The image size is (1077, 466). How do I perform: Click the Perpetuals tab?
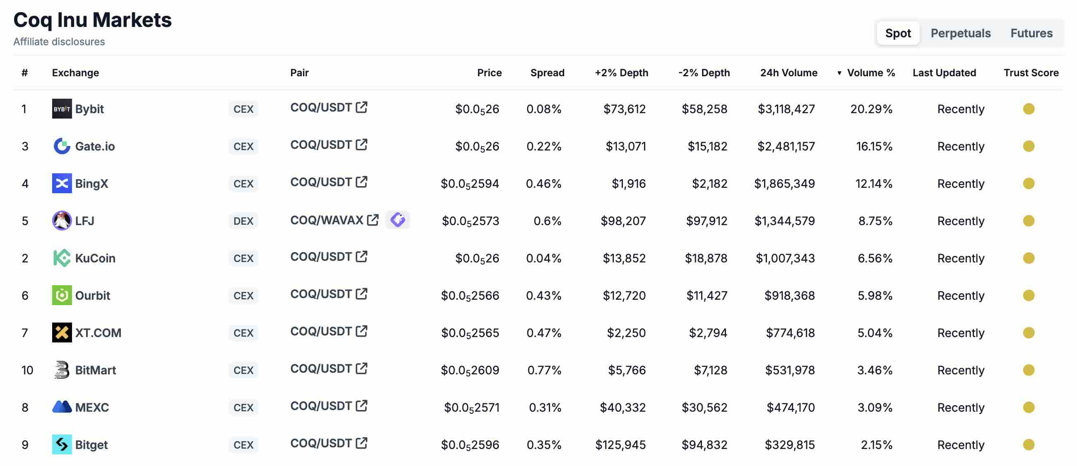960,33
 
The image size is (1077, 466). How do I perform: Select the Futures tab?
1031,33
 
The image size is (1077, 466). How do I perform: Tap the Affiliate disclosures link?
59,41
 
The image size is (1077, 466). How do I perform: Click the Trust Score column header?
1031,73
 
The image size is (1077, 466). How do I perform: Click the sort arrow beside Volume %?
839,73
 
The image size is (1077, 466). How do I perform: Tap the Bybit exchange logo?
62,109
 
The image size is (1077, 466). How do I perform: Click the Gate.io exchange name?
95,146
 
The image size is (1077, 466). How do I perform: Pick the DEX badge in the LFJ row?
243,221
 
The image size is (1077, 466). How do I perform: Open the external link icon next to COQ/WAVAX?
372,220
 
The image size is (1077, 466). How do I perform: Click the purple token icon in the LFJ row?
397,220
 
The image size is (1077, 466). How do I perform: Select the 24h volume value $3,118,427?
786,109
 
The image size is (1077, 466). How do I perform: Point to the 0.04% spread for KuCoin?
543,258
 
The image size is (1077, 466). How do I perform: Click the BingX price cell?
469,183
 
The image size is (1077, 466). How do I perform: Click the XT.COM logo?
62,333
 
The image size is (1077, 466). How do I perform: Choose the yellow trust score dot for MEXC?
1029,408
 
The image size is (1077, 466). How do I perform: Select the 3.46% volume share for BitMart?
875,370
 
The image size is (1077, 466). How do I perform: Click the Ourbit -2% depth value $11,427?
707,296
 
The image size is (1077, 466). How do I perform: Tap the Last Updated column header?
944,73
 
